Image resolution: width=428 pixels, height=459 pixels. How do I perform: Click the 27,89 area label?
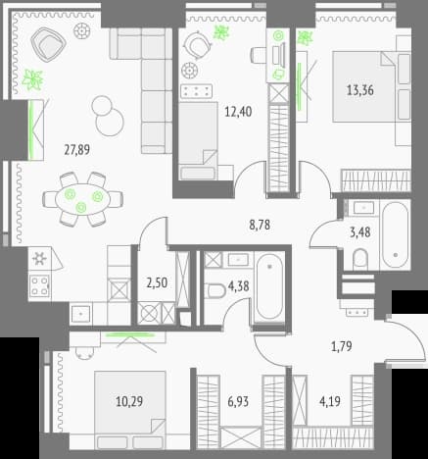pyautogui.click(x=77, y=150)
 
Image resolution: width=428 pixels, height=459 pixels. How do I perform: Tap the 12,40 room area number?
pyautogui.click(x=238, y=112)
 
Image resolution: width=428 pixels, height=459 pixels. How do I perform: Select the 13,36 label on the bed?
pyautogui.click(x=360, y=90)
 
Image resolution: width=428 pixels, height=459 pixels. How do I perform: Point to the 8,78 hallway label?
pyautogui.click(x=260, y=225)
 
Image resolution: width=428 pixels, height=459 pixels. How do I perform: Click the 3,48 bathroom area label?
pyautogui.click(x=360, y=232)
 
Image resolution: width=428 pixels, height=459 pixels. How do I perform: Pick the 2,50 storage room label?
pyautogui.click(x=157, y=282)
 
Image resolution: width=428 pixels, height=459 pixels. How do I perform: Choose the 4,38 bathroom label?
pyautogui.click(x=239, y=286)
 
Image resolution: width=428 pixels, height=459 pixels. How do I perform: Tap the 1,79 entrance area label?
pyautogui.click(x=342, y=346)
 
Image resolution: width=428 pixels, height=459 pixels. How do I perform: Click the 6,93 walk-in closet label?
pyautogui.click(x=238, y=401)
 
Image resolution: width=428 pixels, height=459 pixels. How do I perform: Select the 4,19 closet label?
pyautogui.click(x=330, y=401)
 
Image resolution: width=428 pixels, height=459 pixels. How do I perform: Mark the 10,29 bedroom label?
pyautogui.click(x=129, y=401)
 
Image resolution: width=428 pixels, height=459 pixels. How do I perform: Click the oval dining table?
pyautogui.click(x=83, y=199)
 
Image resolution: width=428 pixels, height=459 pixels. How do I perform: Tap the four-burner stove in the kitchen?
pyautogui.click(x=40, y=285)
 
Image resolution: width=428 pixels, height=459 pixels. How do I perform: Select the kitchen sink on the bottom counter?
pyautogui.click(x=80, y=314)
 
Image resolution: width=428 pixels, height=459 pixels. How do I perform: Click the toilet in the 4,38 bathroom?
pyautogui.click(x=215, y=290)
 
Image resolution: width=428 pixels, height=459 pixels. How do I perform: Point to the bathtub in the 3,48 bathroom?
pyautogui.click(x=395, y=235)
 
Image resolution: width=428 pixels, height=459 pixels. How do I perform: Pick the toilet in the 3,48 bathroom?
pyautogui.click(x=360, y=259)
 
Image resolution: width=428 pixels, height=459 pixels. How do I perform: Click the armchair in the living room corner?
pyautogui.click(x=48, y=43)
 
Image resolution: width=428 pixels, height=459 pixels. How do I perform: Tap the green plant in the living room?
pyautogui.click(x=32, y=79)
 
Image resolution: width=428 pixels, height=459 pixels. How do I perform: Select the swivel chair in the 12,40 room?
pyautogui.click(x=197, y=44)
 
